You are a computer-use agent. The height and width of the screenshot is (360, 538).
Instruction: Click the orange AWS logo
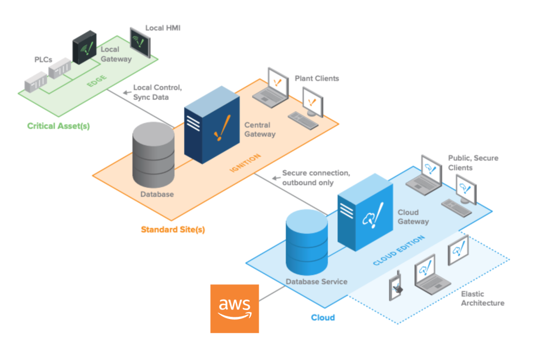pyautogui.click(x=234, y=308)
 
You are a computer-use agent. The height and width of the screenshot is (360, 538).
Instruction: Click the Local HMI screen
pyautogui.click(x=140, y=43)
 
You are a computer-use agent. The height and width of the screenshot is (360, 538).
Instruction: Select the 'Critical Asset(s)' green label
pyautogui.click(x=58, y=126)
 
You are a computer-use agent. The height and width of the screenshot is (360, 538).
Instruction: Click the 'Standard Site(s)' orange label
pyautogui.click(x=172, y=229)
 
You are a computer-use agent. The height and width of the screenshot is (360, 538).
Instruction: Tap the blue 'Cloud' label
pyautogui.click(x=323, y=317)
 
